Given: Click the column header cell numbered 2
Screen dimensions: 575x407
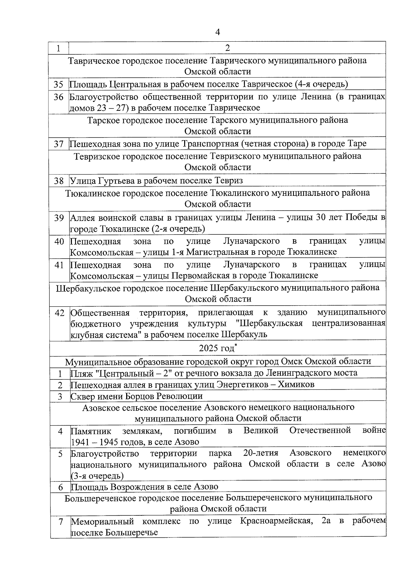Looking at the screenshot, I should pyautogui.click(x=227, y=48).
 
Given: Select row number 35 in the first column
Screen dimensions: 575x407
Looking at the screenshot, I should pyautogui.click(x=59, y=84).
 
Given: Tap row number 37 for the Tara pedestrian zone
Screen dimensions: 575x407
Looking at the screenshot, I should pyautogui.click(x=59, y=144).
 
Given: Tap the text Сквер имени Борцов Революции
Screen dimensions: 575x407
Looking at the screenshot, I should pyautogui.click(x=136, y=396).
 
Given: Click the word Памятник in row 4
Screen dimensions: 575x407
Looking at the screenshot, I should pyautogui.click(x=91, y=431).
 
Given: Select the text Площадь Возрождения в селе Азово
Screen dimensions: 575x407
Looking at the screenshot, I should pyautogui.click(x=144, y=487).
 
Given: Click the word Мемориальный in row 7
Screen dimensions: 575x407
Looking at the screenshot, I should pyautogui.click(x=102, y=521).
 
